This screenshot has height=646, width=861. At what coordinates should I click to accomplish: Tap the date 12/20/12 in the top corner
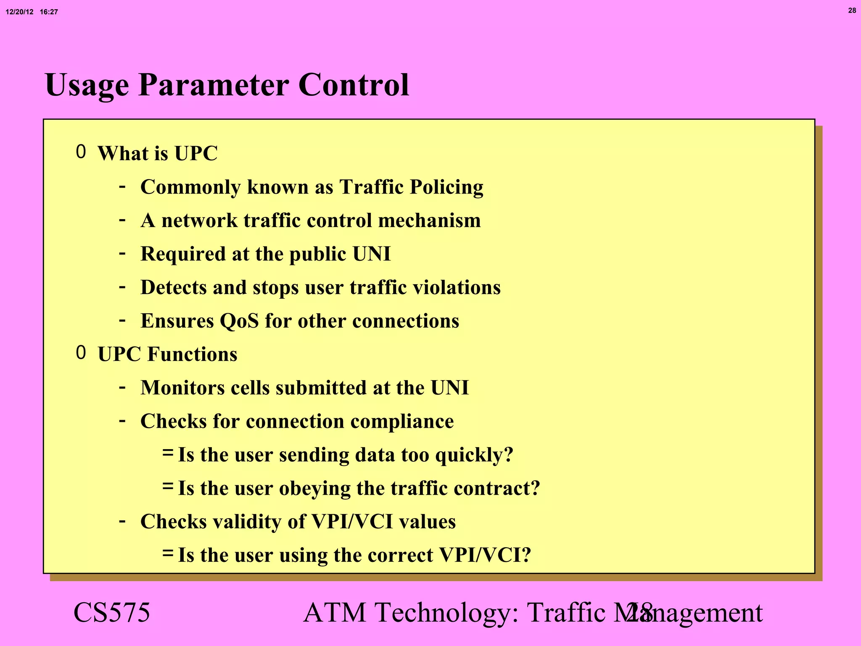(x=19, y=12)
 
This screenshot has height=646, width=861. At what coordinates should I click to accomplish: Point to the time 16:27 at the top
(x=49, y=12)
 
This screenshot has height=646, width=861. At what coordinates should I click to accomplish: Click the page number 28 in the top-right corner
(x=852, y=11)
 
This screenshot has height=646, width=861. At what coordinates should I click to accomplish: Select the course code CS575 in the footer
(x=111, y=612)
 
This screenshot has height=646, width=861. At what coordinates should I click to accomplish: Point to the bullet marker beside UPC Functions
(x=81, y=353)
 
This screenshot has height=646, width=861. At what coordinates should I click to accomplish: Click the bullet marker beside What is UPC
(x=81, y=152)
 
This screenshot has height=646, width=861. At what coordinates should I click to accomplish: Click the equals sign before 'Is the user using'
(x=167, y=553)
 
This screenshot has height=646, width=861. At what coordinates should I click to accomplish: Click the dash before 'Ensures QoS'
(x=122, y=320)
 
